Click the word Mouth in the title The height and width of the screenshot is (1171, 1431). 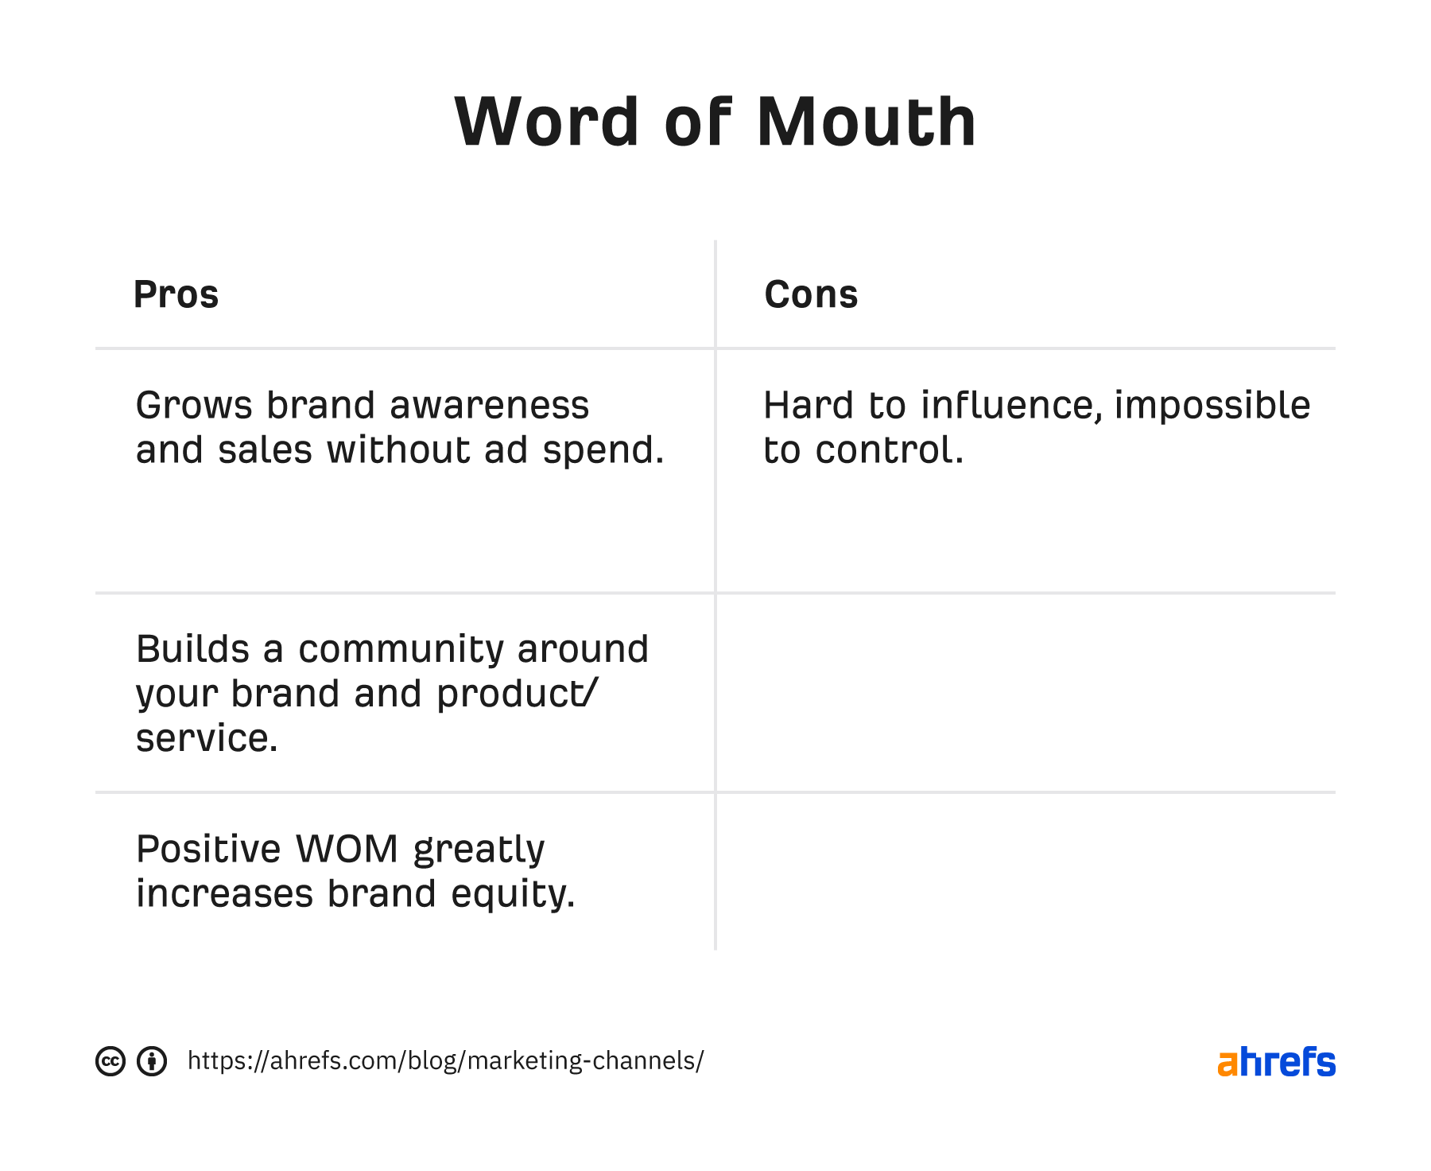tap(867, 122)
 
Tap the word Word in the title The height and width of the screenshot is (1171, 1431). tap(547, 122)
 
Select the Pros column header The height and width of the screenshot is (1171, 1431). tap(176, 294)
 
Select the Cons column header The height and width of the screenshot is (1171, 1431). tap(811, 294)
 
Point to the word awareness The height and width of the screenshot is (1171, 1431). tap(490, 405)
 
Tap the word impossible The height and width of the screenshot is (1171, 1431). tap(1212, 405)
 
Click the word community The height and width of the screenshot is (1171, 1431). tap(401, 649)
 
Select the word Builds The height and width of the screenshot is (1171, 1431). tap(192, 649)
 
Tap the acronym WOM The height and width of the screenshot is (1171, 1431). tap(347, 849)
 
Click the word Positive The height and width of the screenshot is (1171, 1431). tap(208, 849)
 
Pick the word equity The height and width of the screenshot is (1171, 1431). tap(513, 893)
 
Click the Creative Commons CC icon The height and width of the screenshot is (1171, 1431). tap(111, 1061)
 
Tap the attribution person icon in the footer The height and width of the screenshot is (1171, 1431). tap(152, 1061)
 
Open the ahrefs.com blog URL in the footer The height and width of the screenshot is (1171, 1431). tap(445, 1061)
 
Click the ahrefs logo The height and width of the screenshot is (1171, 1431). tap(1277, 1062)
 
